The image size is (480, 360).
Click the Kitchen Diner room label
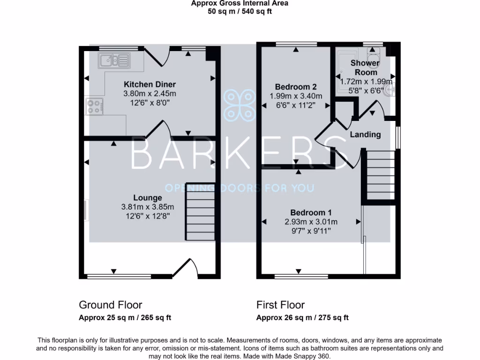coord(150,84)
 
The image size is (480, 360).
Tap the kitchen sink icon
coord(114,60)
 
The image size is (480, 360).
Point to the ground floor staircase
coord(200,212)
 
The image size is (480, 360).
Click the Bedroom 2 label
coord(296,87)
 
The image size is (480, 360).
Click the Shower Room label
coord(366,67)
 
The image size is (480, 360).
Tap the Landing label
coord(366,135)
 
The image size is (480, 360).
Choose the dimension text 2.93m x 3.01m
coord(311,222)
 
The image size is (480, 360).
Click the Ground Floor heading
coord(110,305)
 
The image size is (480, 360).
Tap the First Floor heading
coord(280,305)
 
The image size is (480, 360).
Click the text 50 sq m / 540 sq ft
coord(240,11)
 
